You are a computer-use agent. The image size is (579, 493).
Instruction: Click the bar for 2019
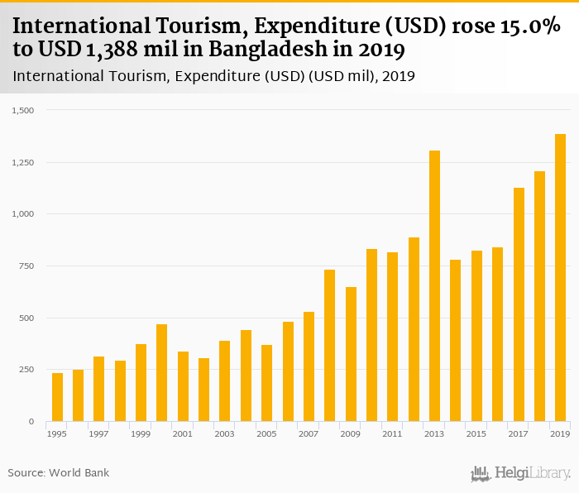(x=560, y=278)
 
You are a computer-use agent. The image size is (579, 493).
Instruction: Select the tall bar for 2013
(x=434, y=286)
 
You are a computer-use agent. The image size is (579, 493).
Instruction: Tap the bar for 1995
(x=57, y=397)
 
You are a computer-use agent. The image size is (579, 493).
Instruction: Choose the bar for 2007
(x=309, y=366)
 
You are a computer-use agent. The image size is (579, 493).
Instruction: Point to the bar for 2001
(x=183, y=386)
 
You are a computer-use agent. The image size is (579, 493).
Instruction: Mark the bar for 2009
(x=351, y=354)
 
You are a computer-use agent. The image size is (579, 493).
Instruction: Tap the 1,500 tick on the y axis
(x=22, y=110)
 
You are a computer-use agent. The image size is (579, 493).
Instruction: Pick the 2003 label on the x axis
(x=224, y=433)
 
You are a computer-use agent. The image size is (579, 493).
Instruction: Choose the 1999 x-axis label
(x=141, y=433)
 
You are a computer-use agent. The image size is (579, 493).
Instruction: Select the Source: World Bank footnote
(x=59, y=472)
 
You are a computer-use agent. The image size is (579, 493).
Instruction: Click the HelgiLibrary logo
(x=520, y=473)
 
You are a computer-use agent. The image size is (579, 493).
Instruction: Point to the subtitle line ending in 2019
(x=213, y=76)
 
